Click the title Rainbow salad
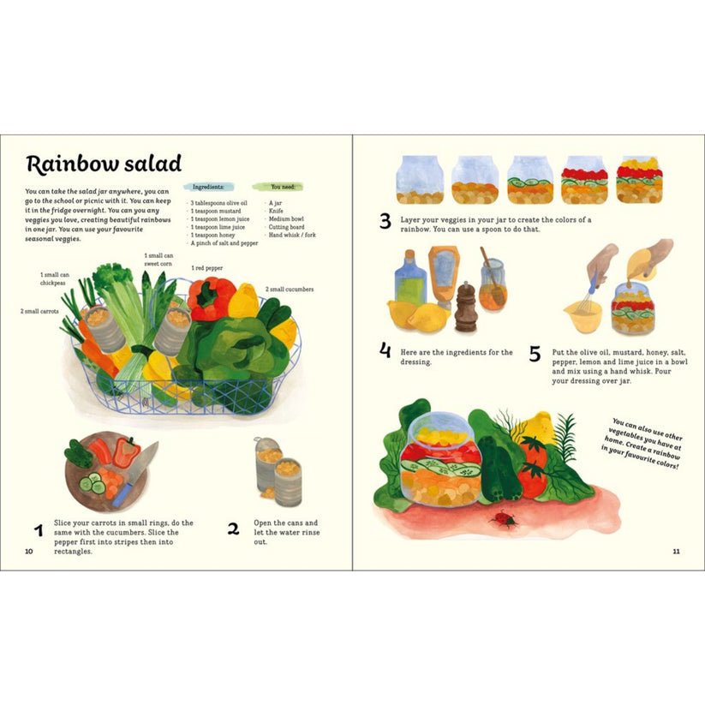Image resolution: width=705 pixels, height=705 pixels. coord(104,164)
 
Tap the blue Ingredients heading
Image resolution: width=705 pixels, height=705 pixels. coord(207,187)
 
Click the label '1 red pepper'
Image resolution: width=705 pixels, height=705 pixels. coord(206,268)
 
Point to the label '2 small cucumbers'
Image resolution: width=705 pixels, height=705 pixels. coord(290,289)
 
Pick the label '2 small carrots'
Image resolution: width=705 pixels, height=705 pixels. coord(39,311)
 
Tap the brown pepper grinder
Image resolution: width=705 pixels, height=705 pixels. coord(466,308)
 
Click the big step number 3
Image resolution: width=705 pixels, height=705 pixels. coord(385,221)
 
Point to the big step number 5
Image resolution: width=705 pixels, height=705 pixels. coord(535,354)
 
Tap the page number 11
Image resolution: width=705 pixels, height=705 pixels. coord(676,552)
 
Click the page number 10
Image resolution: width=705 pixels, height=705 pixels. coord(29,552)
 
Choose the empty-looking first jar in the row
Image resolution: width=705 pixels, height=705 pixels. coord(420,179)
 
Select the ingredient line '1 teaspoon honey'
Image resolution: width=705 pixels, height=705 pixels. coord(212,236)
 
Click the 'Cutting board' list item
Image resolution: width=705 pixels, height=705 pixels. coord(286,227)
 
